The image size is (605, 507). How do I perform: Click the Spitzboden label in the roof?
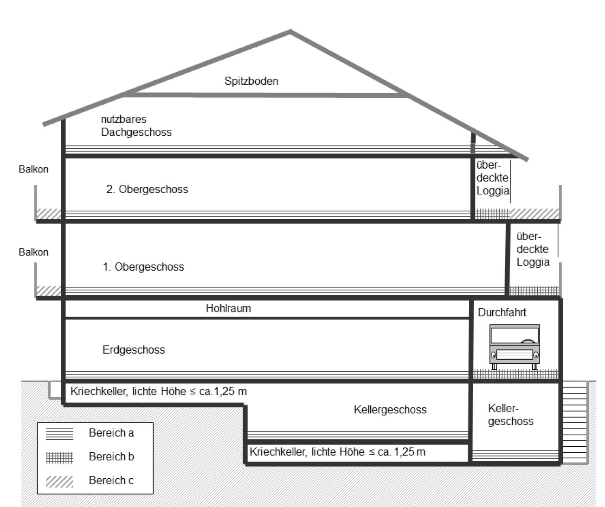click(x=251, y=81)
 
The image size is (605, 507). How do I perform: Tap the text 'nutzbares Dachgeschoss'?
click(x=136, y=126)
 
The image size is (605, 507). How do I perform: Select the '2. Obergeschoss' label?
click(x=147, y=189)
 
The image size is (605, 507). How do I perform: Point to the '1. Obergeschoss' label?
click(x=143, y=267)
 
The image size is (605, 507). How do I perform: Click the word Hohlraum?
click(x=228, y=309)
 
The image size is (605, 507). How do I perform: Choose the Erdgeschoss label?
click(x=134, y=350)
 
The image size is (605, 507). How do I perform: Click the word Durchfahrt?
click(x=502, y=312)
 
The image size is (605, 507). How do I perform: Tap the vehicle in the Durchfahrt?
click(x=515, y=347)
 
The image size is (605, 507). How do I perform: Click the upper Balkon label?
click(x=33, y=169)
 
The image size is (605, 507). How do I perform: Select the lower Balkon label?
click(x=33, y=253)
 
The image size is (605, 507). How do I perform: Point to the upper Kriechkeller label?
click(x=159, y=392)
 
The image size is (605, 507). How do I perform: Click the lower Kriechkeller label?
click(x=338, y=452)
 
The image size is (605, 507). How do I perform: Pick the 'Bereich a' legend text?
click(x=111, y=433)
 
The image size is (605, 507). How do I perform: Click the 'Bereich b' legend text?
click(x=111, y=456)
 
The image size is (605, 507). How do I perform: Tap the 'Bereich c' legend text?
click(x=111, y=481)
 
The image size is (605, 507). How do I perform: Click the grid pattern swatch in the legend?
click(x=59, y=458)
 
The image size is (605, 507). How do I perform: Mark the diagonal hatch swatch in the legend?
click(x=59, y=482)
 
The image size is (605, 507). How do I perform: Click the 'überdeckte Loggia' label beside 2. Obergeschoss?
click(x=493, y=178)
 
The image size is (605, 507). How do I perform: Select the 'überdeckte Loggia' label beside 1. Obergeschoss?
click(x=533, y=249)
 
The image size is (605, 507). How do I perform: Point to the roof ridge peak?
click(x=290, y=31)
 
